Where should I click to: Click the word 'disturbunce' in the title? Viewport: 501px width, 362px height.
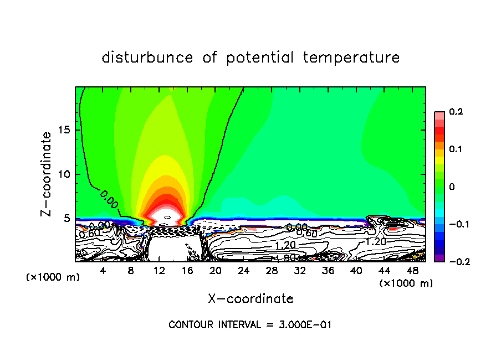[147, 58]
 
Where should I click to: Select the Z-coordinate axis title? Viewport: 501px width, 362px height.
[48, 174]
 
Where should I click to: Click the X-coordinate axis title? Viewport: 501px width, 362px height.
[250, 299]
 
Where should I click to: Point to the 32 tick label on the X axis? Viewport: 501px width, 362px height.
[300, 271]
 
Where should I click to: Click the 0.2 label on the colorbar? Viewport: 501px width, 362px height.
[456, 112]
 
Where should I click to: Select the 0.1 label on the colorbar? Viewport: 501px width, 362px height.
[456, 149]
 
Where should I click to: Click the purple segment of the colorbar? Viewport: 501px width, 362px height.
[439, 257]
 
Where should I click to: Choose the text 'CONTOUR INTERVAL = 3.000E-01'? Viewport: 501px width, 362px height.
[250, 324]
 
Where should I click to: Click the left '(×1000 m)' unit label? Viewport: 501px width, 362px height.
[53, 277]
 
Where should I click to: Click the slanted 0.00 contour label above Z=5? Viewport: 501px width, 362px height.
[109, 199]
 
